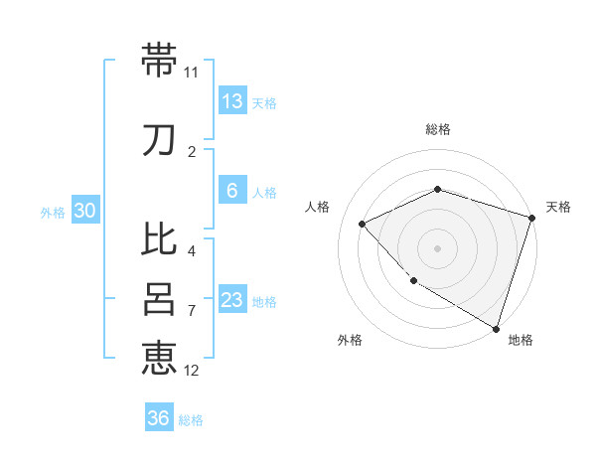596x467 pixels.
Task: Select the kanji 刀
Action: tap(159, 140)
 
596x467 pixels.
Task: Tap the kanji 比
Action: tap(159, 239)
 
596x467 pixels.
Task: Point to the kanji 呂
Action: tap(159, 297)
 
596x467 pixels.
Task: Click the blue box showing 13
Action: tap(231, 100)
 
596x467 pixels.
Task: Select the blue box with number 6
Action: tap(231, 191)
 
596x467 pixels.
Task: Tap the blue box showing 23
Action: tap(231, 299)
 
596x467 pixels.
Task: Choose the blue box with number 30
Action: tap(84, 211)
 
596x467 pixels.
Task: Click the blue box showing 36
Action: tap(159, 418)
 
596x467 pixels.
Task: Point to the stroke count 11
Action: tap(192, 73)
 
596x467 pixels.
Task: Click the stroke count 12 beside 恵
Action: tap(192, 371)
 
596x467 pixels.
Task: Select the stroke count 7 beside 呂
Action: tap(192, 311)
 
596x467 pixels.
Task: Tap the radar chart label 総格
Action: tap(437, 129)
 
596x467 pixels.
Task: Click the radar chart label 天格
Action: tap(558, 207)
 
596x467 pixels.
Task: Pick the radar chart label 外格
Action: tap(350, 340)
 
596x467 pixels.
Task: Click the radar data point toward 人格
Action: tap(363, 224)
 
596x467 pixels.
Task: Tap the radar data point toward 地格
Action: tap(496, 327)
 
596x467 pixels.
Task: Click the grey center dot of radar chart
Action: tap(437, 247)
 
